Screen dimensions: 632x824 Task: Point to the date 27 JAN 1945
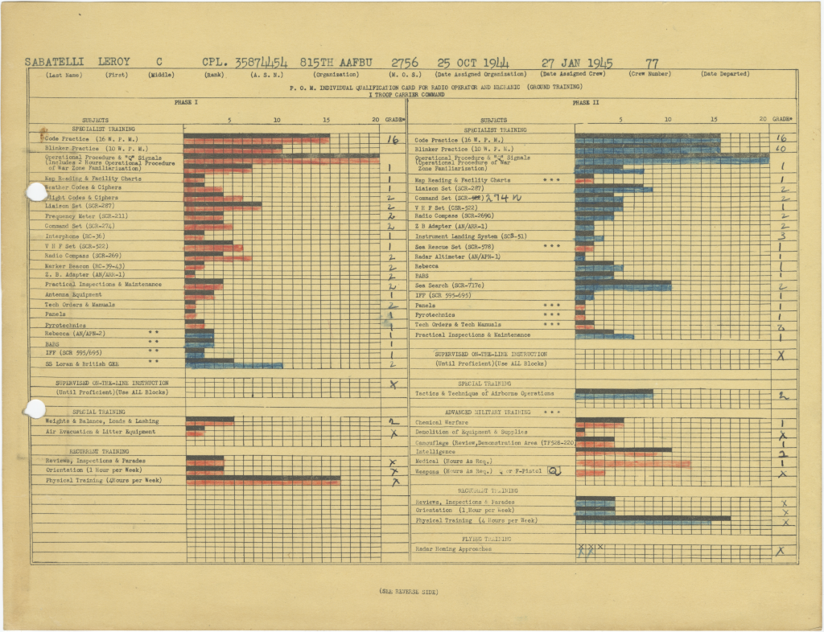tap(577, 62)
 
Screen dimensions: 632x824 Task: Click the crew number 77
tap(653, 62)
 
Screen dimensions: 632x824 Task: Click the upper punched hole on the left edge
tap(36, 191)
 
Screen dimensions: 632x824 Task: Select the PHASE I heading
tap(187, 102)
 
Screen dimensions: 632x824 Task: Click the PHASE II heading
tap(586, 102)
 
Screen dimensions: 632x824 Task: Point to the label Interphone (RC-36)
tap(74, 236)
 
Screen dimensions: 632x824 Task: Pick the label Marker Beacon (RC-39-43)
tap(84, 265)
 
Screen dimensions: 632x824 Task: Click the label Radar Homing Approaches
tap(454, 549)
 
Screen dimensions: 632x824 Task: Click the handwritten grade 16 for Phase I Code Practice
tap(393, 139)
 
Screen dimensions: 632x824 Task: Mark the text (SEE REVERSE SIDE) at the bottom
tap(408, 592)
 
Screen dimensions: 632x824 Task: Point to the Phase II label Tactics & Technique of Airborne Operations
tap(484, 394)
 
